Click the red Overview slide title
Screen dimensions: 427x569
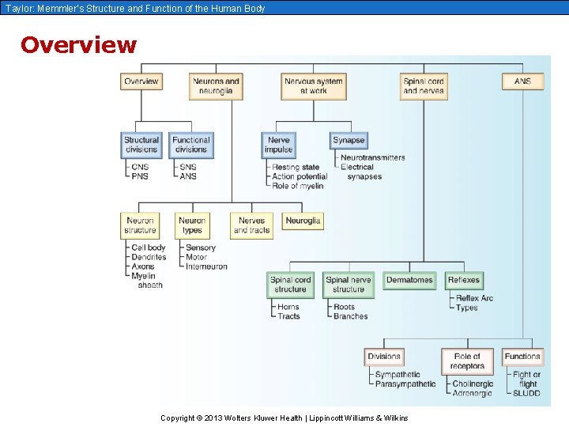pyautogui.click(x=78, y=45)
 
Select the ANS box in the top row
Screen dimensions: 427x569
pyautogui.click(x=522, y=81)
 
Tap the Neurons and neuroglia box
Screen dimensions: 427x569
pyautogui.click(x=216, y=86)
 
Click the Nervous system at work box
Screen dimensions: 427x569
pyautogui.click(x=314, y=86)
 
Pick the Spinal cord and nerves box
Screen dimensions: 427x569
pyautogui.click(x=424, y=86)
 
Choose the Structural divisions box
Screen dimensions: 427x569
pyautogui.click(x=141, y=145)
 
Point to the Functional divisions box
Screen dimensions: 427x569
pyautogui.click(x=191, y=145)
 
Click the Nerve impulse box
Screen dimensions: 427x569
pyautogui.click(x=278, y=145)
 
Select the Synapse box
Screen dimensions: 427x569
pyautogui.click(x=349, y=141)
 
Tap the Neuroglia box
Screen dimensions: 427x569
pyautogui.click(x=303, y=221)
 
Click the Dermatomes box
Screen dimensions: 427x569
pyautogui.click(x=409, y=280)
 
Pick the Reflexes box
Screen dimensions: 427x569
pyautogui.click(x=463, y=280)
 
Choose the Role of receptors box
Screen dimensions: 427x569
pyautogui.click(x=467, y=361)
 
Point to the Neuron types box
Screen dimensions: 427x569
pyautogui.click(x=192, y=225)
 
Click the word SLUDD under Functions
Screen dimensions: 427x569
pyautogui.click(x=526, y=393)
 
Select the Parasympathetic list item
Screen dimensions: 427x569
pyautogui.click(x=405, y=384)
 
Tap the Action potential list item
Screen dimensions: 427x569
pyautogui.click(x=300, y=176)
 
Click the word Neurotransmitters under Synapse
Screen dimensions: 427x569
pyautogui.click(x=372, y=157)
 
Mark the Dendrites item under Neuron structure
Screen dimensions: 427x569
pyautogui.click(x=149, y=257)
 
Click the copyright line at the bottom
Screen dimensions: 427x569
pyautogui.click(x=284, y=418)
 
